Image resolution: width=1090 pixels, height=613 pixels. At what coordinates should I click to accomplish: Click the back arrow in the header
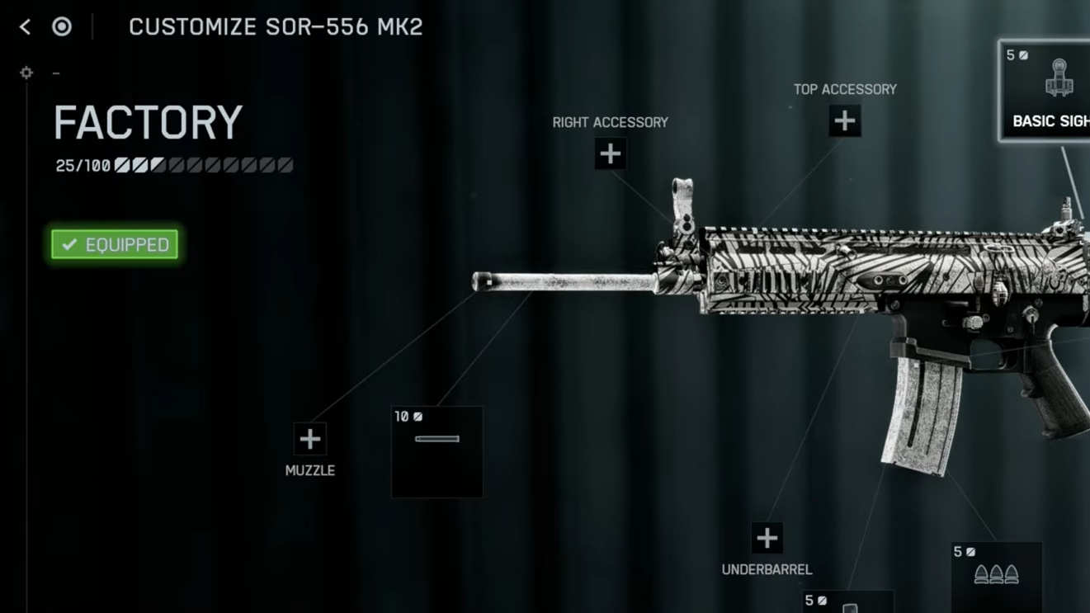tap(25, 26)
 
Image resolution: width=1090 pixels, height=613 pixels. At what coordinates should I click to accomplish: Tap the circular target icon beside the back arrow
tap(62, 26)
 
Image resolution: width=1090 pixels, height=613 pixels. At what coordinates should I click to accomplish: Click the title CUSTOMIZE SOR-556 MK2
tap(276, 26)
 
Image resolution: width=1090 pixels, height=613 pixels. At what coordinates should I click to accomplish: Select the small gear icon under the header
tap(26, 73)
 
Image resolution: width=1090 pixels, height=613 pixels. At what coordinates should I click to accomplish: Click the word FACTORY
tap(149, 123)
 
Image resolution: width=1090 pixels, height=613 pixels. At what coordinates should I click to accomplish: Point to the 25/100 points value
tap(83, 166)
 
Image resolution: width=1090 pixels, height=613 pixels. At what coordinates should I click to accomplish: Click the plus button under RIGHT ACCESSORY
tap(610, 153)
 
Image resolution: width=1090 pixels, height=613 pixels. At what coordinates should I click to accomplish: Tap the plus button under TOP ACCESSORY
tap(844, 121)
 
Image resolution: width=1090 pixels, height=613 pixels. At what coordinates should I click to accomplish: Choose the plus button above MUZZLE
tap(309, 439)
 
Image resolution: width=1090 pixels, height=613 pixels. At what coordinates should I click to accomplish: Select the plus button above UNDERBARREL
tap(767, 538)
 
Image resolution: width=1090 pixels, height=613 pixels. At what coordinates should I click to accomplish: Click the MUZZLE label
tap(309, 470)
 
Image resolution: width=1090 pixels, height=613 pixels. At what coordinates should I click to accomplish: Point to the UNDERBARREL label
tap(767, 569)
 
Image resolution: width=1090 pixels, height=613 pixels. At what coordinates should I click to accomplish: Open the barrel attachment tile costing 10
tap(437, 451)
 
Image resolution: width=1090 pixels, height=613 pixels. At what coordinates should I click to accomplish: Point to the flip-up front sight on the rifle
tap(682, 202)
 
